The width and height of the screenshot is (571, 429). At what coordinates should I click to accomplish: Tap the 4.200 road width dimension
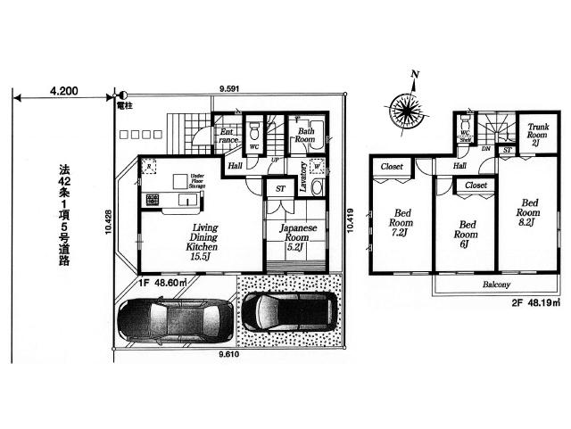[x=65, y=91]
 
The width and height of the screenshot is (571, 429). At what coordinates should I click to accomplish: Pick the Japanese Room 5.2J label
[x=294, y=238]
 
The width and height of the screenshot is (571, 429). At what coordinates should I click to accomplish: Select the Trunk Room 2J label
[x=537, y=135]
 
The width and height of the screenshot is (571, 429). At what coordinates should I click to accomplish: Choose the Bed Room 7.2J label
[x=398, y=224]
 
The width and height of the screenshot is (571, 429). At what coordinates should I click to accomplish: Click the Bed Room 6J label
[x=463, y=234]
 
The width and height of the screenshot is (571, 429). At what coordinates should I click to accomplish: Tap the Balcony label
[x=497, y=285]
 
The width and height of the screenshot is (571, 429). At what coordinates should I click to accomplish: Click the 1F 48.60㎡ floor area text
[x=162, y=283]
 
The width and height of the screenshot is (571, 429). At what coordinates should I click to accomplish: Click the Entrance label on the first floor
[x=228, y=136]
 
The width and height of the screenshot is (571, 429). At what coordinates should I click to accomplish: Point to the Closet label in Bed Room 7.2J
[x=392, y=167]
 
